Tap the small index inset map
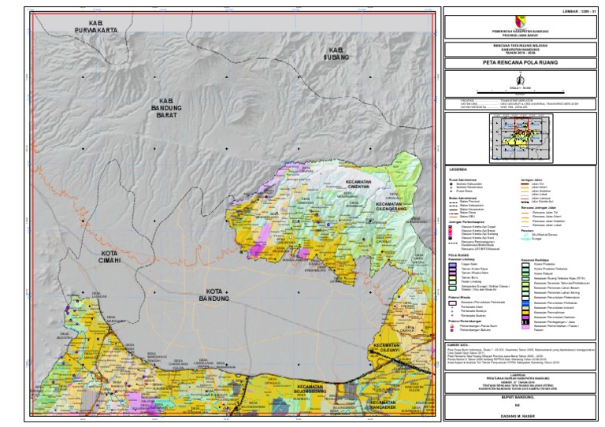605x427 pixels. pyautogui.click(x=521, y=138)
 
